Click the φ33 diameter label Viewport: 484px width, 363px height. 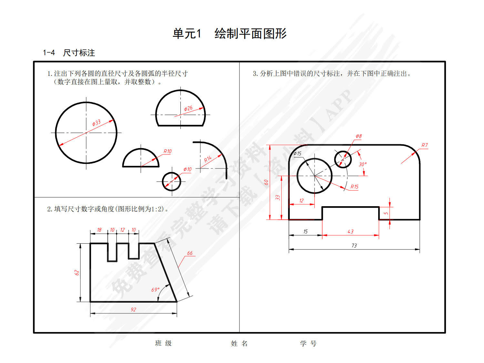(96, 123)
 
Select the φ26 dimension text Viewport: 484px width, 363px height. (188, 108)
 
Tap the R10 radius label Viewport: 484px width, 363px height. (167, 151)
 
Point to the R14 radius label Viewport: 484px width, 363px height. (208, 159)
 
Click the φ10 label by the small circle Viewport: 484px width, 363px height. (187, 169)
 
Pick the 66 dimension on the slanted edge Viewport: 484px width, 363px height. (190, 253)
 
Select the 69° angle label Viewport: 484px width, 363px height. (156, 290)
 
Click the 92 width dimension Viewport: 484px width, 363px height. (133, 309)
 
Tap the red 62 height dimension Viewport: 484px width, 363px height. (76, 273)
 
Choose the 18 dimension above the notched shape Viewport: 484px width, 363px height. (99, 230)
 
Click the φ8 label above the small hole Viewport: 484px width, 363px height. (359, 136)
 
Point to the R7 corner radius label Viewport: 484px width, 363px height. (425, 145)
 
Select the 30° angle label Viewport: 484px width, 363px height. (363, 164)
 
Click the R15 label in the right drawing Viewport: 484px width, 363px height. (355, 187)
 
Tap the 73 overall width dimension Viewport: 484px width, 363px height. (354, 246)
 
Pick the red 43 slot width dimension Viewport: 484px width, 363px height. (351, 231)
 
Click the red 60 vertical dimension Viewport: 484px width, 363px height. (266, 182)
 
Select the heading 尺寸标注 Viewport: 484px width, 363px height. (79, 53)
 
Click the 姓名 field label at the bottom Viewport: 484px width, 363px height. (239, 343)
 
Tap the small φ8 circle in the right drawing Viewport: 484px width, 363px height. (343, 159)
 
